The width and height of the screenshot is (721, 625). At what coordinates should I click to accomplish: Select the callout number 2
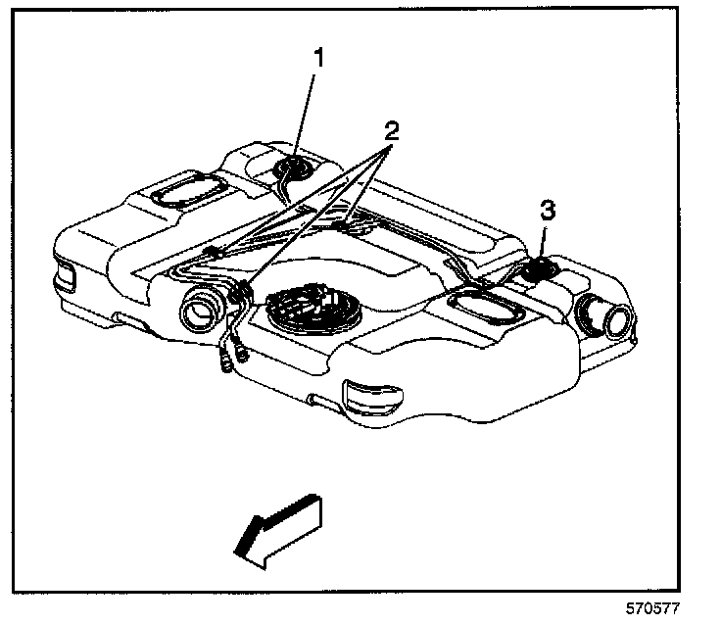click(x=390, y=130)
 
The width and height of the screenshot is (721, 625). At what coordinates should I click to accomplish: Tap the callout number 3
click(x=548, y=210)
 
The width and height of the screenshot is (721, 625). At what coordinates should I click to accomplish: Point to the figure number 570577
click(x=654, y=607)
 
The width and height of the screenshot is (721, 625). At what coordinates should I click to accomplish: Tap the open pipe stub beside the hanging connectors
click(x=200, y=312)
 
